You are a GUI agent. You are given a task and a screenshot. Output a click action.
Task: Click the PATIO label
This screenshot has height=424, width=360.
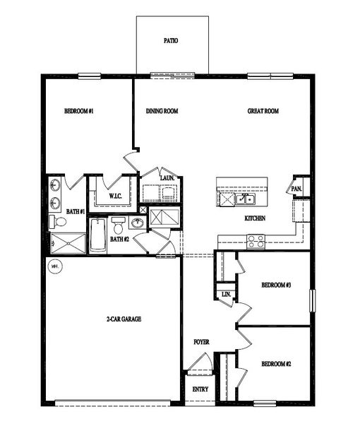click(x=171, y=41)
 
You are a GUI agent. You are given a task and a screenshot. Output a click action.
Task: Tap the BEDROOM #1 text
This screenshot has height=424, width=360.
click(x=79, y=111)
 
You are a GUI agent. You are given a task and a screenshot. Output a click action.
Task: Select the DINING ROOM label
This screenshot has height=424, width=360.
click(x=162, y=111)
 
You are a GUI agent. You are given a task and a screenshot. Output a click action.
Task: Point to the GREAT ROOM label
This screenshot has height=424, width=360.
click(x=263, y=111)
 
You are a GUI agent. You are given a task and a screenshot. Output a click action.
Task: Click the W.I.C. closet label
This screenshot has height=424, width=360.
click(x=115, y=196)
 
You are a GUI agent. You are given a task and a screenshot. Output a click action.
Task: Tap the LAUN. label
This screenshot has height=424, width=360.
click(x=167, y=177)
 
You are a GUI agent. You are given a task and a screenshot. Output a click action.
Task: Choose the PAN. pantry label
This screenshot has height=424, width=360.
click(x=297, y=189)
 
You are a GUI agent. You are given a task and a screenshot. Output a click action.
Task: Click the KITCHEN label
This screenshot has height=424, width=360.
click(x=255, y=218)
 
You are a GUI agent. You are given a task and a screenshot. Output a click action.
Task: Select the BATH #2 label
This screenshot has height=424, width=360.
click(x=119, y=239)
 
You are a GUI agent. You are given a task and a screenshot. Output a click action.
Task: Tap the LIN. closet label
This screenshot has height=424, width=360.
click(x=226, y=293)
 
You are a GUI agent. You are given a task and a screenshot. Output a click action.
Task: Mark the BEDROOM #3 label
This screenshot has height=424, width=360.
click(x=276, y=285)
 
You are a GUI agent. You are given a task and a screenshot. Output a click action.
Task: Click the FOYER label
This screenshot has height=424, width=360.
click(x=202, y=342)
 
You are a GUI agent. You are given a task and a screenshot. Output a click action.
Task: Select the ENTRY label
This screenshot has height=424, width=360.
click(x=200, y=389)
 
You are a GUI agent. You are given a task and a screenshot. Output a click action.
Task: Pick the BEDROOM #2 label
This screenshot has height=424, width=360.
click(x=276, y=364)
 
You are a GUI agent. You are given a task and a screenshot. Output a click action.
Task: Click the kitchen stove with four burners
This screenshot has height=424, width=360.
click(x=256, y=241)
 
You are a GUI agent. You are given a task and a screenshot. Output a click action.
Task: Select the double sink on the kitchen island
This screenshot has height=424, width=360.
click(x=244, y=199)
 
